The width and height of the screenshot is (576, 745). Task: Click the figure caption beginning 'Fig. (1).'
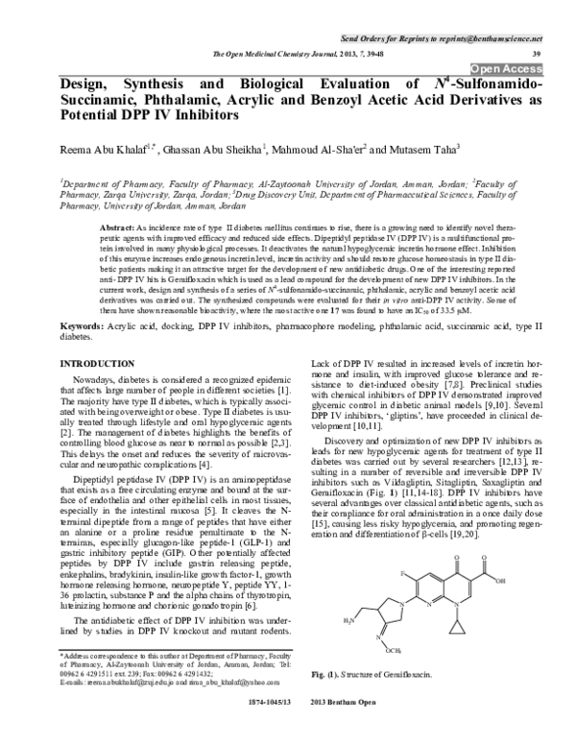[x=375, y=679]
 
